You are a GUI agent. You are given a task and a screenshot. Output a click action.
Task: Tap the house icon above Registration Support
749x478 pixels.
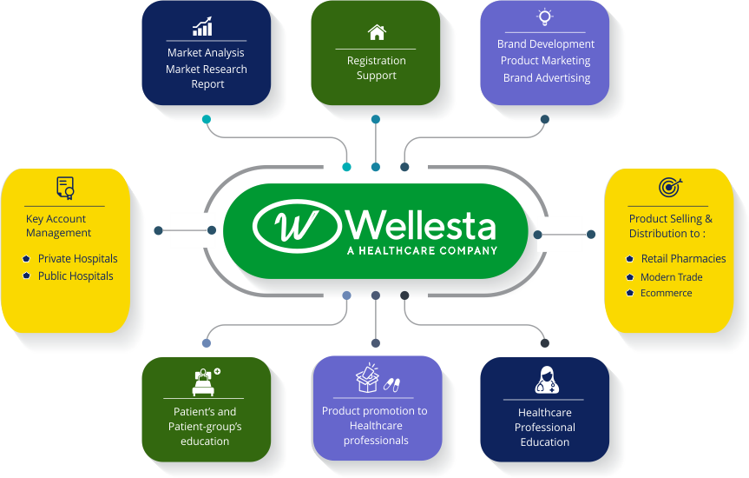click(376, 33)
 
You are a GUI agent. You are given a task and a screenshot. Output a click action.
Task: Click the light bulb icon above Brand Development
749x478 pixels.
click(545, 17)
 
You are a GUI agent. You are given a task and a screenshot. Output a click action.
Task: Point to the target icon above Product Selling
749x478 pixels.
click(670, 187)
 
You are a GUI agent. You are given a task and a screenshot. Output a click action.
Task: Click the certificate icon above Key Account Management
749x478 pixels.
click(65, 188)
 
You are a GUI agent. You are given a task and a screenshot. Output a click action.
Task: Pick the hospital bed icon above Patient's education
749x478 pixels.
click(205, 381)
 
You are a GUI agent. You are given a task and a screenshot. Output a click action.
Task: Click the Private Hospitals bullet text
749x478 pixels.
click(77, 259)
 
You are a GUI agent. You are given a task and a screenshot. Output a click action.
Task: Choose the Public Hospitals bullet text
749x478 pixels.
click(76, 276)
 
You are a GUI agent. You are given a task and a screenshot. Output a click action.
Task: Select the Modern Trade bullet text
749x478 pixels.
click(671, 277)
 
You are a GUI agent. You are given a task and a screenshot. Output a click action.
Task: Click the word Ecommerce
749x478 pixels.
click(666, 294)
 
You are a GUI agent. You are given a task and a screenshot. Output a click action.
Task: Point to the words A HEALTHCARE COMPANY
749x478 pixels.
click(422, 250)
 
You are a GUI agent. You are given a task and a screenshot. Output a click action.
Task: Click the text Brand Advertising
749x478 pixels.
click(546, 78)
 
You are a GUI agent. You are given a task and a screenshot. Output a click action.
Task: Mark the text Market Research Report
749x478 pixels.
click(207, 76)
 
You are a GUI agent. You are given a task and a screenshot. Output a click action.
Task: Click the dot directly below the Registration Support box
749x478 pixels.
click(376, 119)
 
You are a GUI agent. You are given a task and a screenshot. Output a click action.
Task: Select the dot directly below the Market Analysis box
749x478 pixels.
click(206, 119)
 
